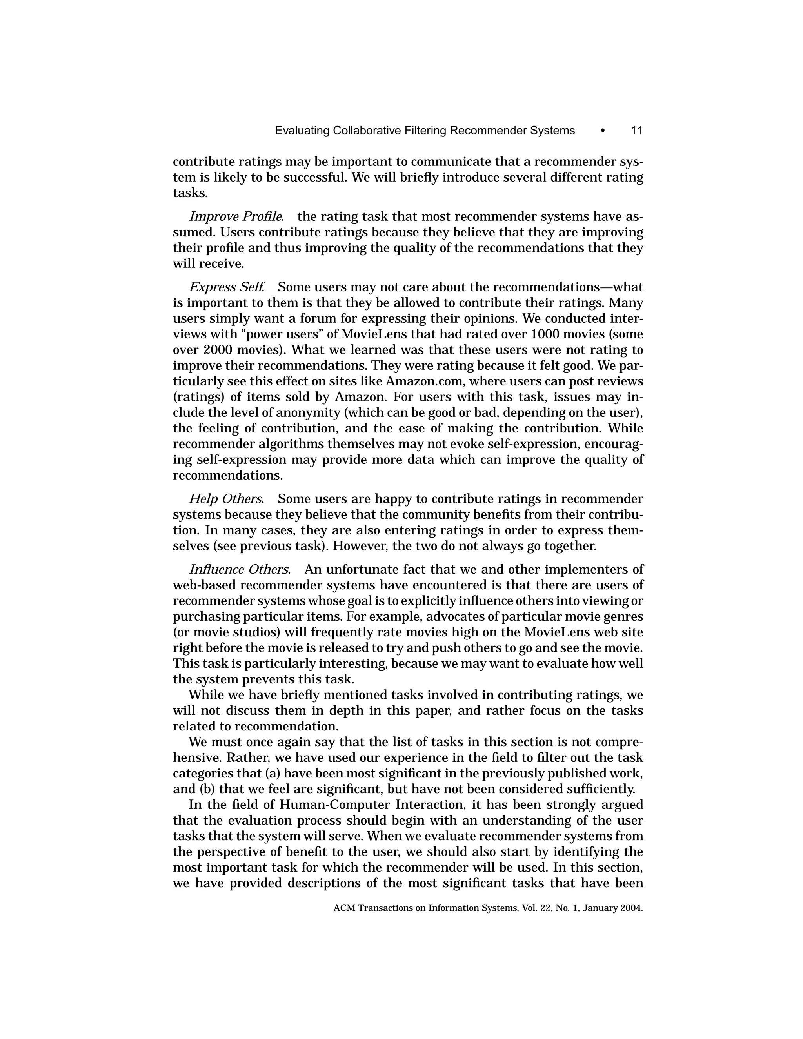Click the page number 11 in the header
coord(636,131)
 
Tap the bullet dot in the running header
coord(603,131)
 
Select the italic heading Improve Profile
coord(236,216)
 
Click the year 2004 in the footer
coord(631,908)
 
